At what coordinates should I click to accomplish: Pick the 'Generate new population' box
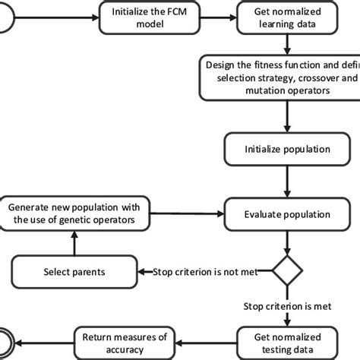click(x=74, y=213)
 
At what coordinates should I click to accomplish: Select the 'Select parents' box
click(x=74, y=270)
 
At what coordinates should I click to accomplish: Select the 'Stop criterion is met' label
click(x=286, y=307)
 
